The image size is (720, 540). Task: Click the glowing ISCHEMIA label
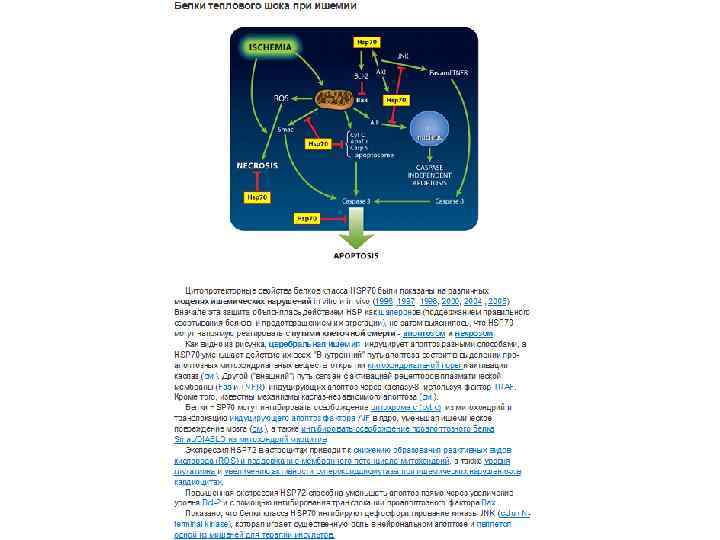(x=271, y=47)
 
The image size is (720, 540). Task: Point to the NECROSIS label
(x=258, y=164)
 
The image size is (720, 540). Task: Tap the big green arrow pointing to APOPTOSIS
(x=356, y=234)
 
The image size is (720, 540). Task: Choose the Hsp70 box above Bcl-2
(x=366, y=43)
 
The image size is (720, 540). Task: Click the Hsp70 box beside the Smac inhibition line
(x=318, y=143)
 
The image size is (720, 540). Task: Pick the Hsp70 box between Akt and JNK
(x=396, y=102)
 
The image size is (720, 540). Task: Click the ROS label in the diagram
(x=281, y=98)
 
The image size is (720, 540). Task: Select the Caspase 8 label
(x=448, y=201)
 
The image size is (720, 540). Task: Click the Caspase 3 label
(x=355, y=201)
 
